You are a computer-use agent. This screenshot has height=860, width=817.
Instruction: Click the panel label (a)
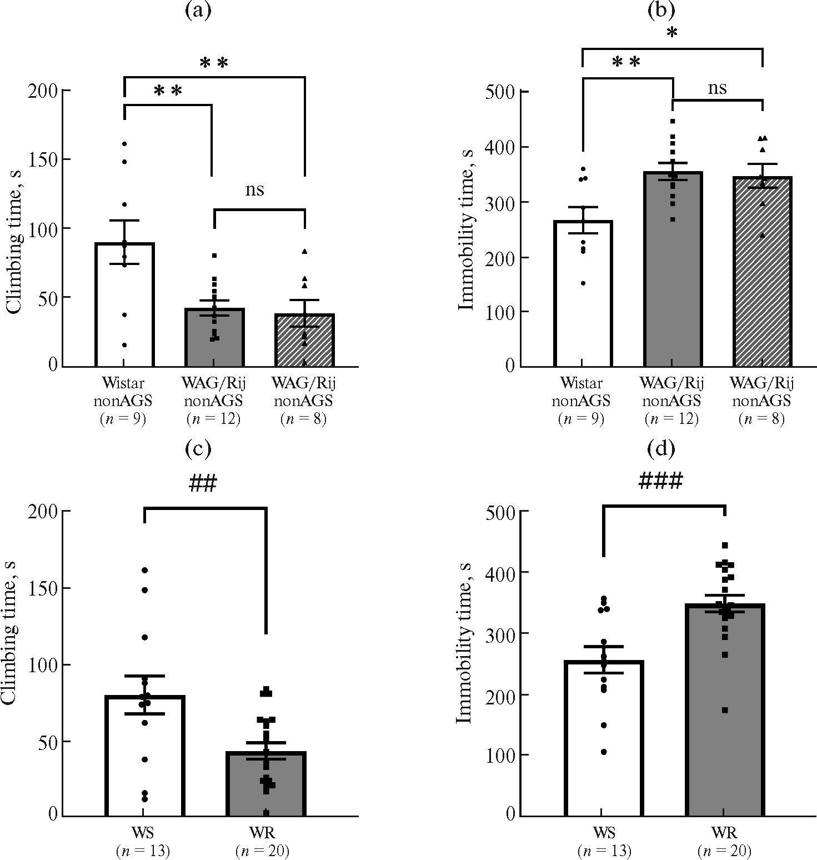coord(198,11)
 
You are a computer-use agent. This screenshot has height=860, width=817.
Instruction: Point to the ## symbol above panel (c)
coord(202,484)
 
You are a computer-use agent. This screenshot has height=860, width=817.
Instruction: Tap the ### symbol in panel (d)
coord(660,482)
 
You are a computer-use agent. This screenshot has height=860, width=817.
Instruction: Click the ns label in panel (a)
coord(255,190)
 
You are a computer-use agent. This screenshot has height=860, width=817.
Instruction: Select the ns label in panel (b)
coord(717,88)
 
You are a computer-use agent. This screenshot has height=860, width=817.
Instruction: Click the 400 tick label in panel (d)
coord(500,572)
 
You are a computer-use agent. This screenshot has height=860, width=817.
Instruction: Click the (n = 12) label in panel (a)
coord(214,418)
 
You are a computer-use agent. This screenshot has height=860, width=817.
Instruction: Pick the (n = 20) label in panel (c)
coord(262,851)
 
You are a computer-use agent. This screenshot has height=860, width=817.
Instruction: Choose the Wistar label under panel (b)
coord(581,383)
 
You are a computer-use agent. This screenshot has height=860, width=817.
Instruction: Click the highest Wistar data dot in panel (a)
coord(124,144)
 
